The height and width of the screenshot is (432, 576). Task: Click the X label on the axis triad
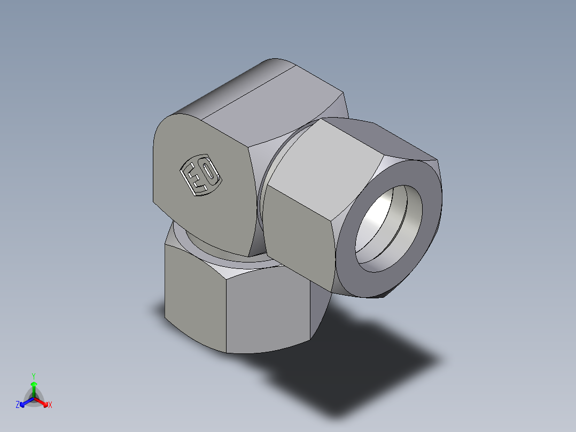[x=50, y=405]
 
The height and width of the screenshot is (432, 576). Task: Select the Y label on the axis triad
[x=34, y=375]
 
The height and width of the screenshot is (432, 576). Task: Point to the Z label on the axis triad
[x=18, y=405]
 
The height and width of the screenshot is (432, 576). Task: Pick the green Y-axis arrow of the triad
[x=34, y=386]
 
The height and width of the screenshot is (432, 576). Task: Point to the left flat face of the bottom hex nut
[x=195, y=299]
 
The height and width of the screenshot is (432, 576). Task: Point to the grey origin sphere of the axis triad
[x=34, y=398]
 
